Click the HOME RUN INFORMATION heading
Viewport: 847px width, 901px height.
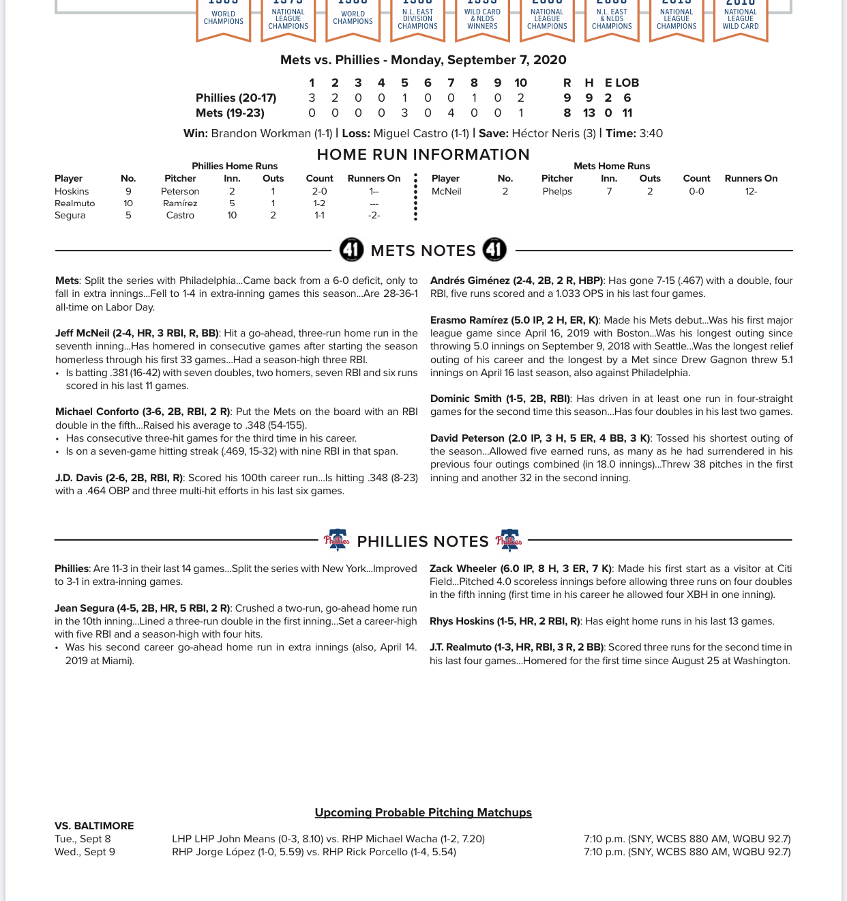(x=423, y=154)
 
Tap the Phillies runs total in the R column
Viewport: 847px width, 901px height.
(x=567, y=98)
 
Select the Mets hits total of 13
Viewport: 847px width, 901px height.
(x=589, y=113)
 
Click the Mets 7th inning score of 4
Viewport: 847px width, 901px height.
(x=451, y=113)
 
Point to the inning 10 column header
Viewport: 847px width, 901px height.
(x=520, y=83)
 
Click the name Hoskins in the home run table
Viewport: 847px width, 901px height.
(x=72, y=191)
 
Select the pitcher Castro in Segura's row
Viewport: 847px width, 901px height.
(x=180, y=215)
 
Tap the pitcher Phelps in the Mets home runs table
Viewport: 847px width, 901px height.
(x=556, y=191)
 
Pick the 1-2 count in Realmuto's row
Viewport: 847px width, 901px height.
(x=319, y=203)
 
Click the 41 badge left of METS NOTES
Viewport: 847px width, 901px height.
(x=351, y=250)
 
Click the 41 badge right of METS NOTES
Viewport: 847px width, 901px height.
(x=494, y=250)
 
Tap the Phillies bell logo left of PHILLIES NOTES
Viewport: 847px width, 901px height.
(x=336, y=541)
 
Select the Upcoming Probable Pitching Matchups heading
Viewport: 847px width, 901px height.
(x=423, y=812)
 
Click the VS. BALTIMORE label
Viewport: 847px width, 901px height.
(x=94, y=825)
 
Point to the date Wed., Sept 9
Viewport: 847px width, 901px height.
(x=85, y=852)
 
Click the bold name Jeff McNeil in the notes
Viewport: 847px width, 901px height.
(x=82, y=333)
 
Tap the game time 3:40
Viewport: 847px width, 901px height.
(x=651, y=133)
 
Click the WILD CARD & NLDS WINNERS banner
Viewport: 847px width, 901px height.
(x=482, y=19)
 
